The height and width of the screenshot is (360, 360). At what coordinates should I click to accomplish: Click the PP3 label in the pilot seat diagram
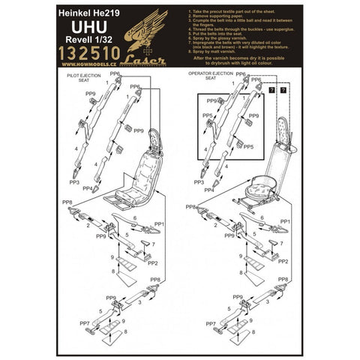pos(74,182)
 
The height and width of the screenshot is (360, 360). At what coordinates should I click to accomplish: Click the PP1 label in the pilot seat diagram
pos(158,223)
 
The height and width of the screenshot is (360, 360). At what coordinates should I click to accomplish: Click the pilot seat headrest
pos(156,139)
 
